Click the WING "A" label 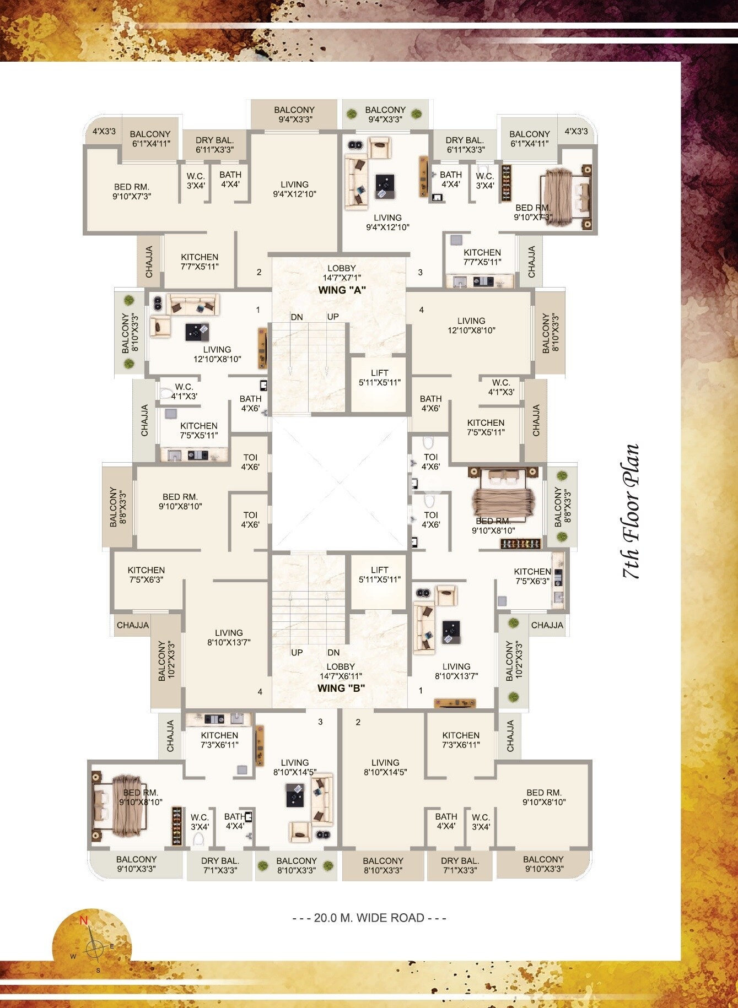[x=342, y=290]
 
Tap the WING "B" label [x=341, y=688]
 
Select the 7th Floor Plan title [x=632, y=511]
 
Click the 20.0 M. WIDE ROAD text [x=369, y=918]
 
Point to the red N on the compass [x=84, y=920]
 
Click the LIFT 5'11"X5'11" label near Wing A [x=379, y=378]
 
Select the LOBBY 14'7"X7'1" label [x=342, y=273]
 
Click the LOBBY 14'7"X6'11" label [x=341, y=671]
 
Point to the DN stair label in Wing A [x=297, y=317]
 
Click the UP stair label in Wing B [x=297, y=653]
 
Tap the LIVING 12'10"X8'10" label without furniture [x=471, y=326]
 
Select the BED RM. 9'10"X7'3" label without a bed [x=132, y=192]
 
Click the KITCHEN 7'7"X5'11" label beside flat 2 [x=200, y=262]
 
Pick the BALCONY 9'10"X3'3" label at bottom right [x=543, y=864]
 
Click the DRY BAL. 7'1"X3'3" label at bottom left [x=220, y=865]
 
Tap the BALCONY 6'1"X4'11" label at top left [x=150, y=139]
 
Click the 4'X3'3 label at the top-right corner [x=576, y=131]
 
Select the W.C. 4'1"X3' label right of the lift [x=501, y=387]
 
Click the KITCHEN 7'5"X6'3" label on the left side [x=146, y=575]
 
